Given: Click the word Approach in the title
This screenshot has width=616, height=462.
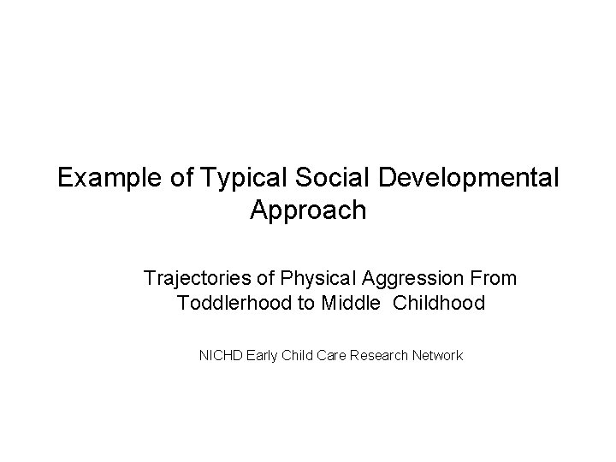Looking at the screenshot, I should click(308, 210).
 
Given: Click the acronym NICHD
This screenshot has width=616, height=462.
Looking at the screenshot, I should click(220, 354).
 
